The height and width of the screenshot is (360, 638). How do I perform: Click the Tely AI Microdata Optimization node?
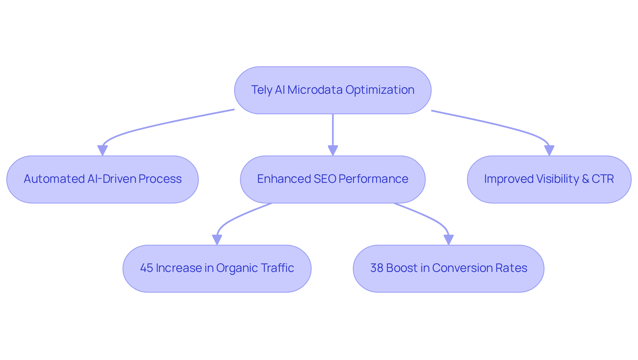(333, 90)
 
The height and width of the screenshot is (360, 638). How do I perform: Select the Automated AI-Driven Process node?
(102, 179)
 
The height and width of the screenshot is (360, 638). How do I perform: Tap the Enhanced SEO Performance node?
(333, 179)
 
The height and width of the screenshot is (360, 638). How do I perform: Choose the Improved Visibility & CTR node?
(549, 179)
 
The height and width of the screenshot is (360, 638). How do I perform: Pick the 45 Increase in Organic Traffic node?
(217, 268)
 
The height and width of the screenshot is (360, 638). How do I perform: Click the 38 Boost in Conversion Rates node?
(449, 268)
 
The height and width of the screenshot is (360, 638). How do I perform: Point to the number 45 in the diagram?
(146, 268)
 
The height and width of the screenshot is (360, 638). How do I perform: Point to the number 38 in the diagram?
(376, 268)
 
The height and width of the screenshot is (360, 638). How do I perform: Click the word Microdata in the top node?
(315, 90)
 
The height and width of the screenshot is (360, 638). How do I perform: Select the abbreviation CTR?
(602, 179)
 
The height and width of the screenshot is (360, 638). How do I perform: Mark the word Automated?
(54, 179)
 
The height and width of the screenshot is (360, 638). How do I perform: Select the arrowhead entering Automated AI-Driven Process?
(102, 151)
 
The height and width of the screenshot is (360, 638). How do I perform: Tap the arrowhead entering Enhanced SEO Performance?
(333, 151)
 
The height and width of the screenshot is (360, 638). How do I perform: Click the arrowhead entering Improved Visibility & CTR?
(549, 151)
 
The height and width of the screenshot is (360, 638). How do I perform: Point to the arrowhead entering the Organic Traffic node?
(217, 240)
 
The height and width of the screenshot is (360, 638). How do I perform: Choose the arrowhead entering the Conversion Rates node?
(449, 240)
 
